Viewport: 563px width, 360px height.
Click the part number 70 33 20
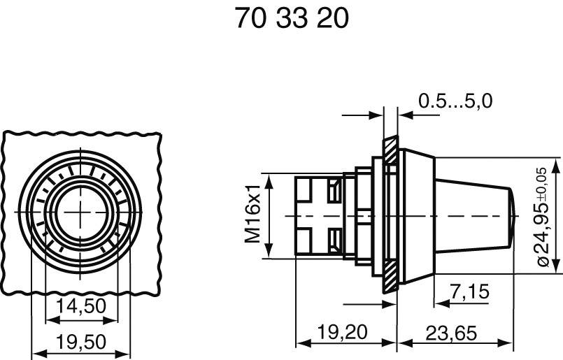click(x=292, y=19)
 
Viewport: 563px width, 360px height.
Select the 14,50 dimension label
click(x=81, y=305)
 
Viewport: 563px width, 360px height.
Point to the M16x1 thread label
click(x=252, y=214)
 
